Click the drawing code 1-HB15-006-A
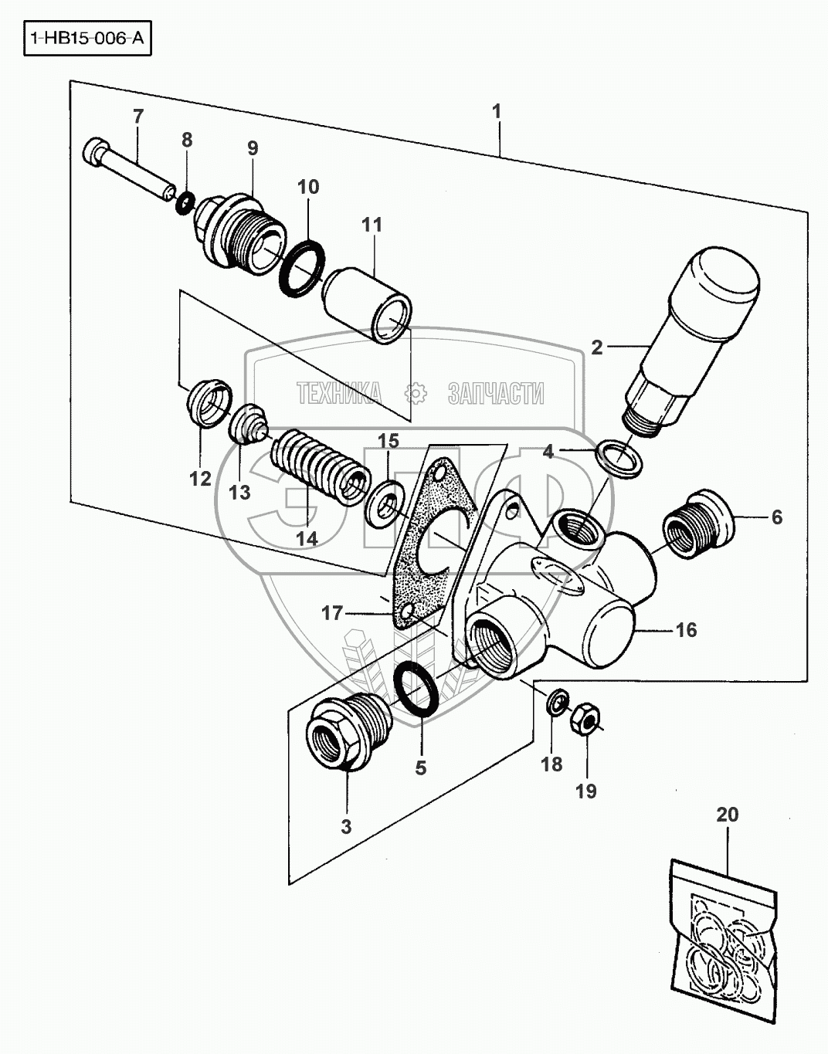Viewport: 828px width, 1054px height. pyautogui.click(x=87, y=38)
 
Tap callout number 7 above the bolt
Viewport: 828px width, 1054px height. pyautogui.click(x=138, y=117)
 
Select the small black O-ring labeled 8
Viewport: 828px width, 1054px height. pyautogui.click(x=185, y=202)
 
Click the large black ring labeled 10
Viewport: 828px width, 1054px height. pyautogui.click(x=302, y=268)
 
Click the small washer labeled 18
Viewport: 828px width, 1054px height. pyautogui.click(x=556, y=700)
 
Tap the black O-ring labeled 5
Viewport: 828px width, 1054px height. pyautogui.click(x=416, y=688)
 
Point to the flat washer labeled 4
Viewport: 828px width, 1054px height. pyautogui.click(x=619, y=459)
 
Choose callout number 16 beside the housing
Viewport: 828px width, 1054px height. pyautogui.click(x=686, y=629)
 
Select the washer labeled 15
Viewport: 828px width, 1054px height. pyautogui.click(x=382, y=504)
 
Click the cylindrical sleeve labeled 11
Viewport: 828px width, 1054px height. pyautogui.click(x=367, y=307)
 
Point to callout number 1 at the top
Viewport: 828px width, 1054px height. pyautogui.click(x=496, y=111)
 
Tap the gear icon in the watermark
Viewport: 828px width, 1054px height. pyautogui.click(x=416, y=393)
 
